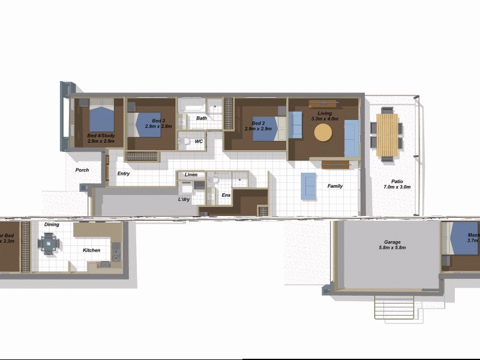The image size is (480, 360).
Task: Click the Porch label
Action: [82, 170]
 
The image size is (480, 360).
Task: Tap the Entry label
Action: [124, 174]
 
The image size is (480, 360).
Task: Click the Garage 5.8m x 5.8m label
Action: [392, 245]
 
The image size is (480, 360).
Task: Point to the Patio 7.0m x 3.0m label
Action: [393, 184]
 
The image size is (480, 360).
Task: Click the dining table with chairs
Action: [49, 244]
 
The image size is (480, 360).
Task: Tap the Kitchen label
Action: [91, 250]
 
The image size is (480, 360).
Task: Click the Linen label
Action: [191, 175]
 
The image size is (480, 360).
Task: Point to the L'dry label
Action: [184, 199]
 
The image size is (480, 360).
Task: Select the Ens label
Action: [226, 195]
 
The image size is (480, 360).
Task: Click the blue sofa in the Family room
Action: [308, 185]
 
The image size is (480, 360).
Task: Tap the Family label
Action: [335, 186]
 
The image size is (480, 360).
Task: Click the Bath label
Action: [202, 118]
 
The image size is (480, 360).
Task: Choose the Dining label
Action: [52, 224]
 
